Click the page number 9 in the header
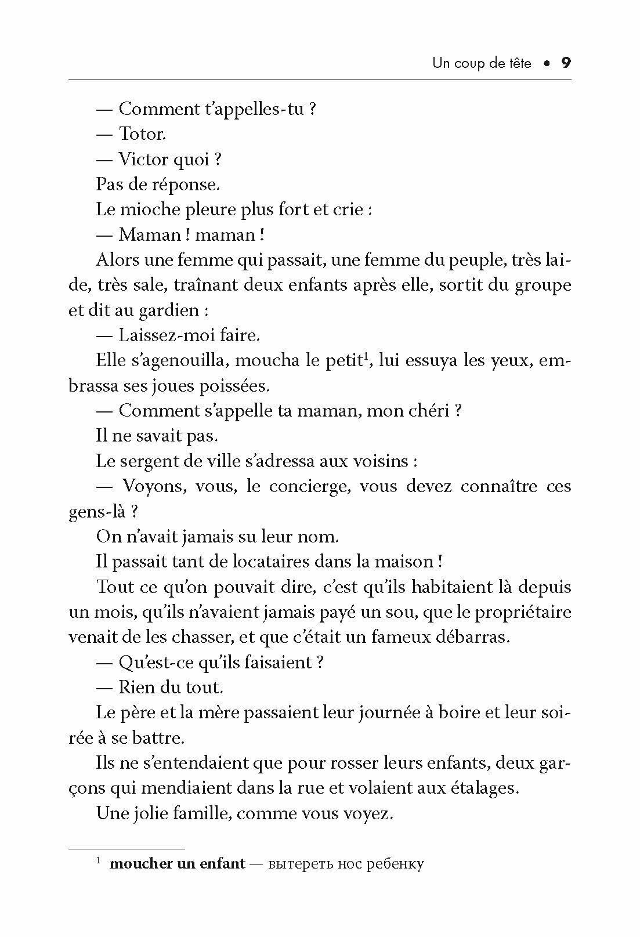(566, 63)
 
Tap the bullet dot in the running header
(546, 63)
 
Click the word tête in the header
(518, 63)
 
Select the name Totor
(142, 134)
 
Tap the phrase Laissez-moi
(159, 335)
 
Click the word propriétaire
(516, 612)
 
